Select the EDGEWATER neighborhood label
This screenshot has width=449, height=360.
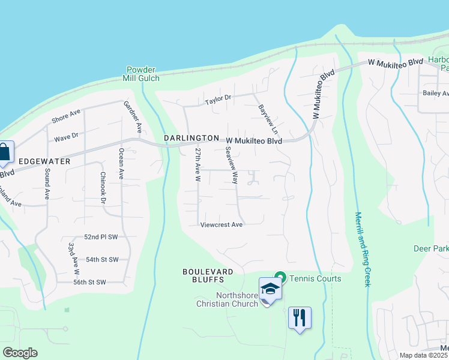pos(44,161)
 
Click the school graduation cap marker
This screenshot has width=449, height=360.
pos(270,289)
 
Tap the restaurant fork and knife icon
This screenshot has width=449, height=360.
pos(300,316)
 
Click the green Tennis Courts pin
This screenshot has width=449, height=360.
pos(280,278)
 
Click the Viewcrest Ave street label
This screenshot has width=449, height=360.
pos(221,224)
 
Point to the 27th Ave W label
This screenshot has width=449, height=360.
pos(196,164)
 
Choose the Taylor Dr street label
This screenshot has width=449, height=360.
pos(217,99)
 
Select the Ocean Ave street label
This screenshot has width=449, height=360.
pos(121,164)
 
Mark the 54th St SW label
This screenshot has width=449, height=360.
pos(102,259)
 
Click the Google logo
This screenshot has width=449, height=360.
pos(20,353)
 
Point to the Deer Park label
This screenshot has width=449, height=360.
pos(431,248)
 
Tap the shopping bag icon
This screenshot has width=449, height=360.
pos(4,152)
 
